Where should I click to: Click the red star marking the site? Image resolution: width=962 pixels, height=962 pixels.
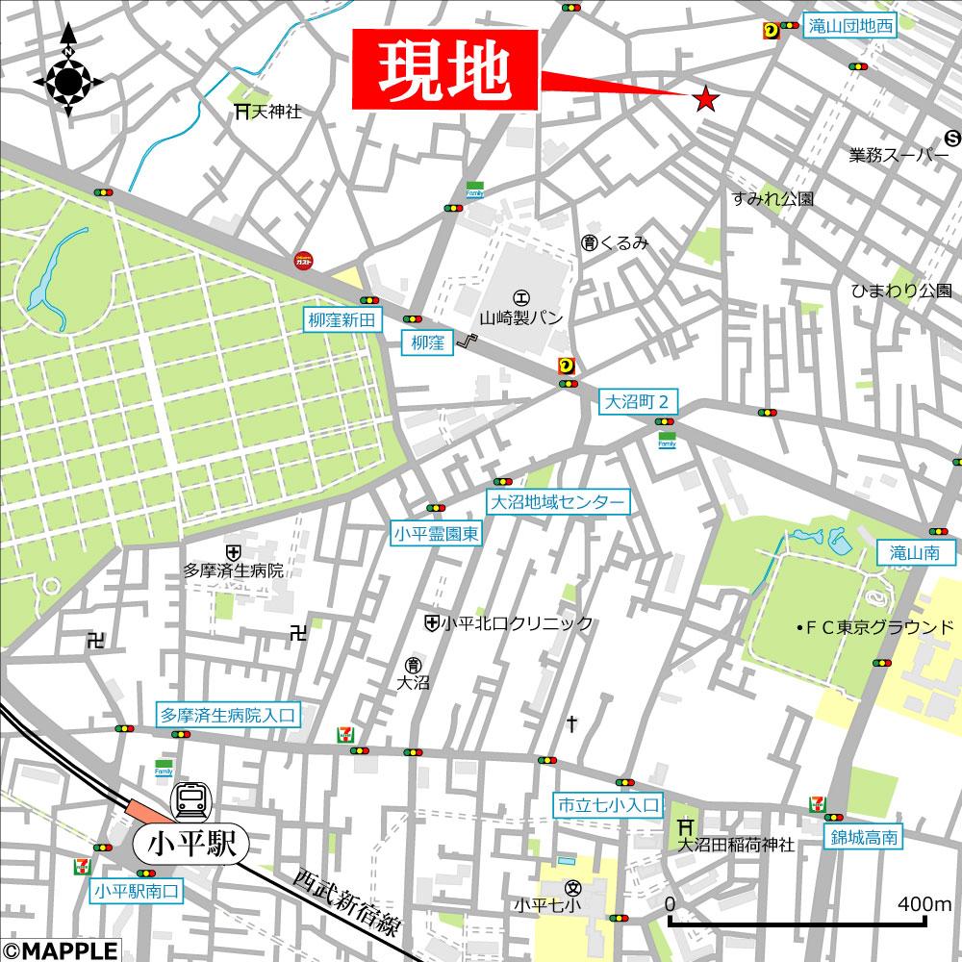[x=705, y=97]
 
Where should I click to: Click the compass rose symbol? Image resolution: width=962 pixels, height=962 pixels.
[x=68, y=81]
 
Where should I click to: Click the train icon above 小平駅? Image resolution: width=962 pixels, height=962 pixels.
[x=190, y=800]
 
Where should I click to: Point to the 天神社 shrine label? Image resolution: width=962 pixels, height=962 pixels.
[x=268, y=113]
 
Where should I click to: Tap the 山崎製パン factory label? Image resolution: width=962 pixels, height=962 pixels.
[x=522, y=316]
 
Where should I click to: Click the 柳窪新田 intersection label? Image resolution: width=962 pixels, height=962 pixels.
[x=343, y=319]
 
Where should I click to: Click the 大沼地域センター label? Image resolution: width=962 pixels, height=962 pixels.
[x=558, y=501]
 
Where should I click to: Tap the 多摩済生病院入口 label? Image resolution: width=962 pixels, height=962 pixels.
[x=229, y=715]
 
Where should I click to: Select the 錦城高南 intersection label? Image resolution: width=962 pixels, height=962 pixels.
[x=865, y=837]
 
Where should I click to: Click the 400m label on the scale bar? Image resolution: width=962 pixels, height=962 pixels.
[x=924, y=903]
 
